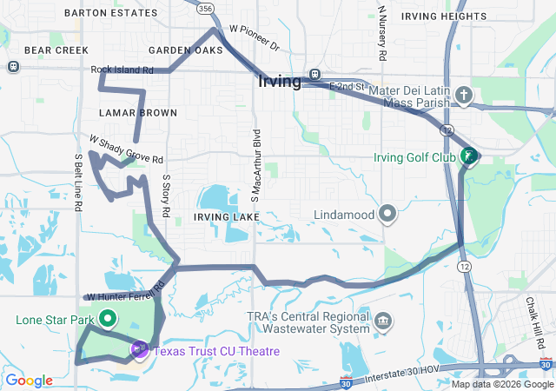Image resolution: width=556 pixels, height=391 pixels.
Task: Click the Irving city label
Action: coord(280,82)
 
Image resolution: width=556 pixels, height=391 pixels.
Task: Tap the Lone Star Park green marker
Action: coord(108,319)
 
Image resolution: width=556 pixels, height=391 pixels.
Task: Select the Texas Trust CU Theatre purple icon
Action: coord(139,350)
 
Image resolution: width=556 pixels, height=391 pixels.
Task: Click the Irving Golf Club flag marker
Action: coord(469,156)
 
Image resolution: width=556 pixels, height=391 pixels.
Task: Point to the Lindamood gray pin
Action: coord(387,214)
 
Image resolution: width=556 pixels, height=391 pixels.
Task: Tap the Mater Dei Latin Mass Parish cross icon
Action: coord(464,95)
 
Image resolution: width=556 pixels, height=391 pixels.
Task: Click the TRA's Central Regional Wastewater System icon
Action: coord(382,322)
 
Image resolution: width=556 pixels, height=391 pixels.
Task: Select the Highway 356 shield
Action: coord(205,8)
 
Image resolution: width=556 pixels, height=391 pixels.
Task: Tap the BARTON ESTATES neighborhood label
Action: coord(111,14)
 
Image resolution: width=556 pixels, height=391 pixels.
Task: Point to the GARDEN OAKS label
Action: coord(186,50)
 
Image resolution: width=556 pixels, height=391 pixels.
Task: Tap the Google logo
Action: coord(29,381)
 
